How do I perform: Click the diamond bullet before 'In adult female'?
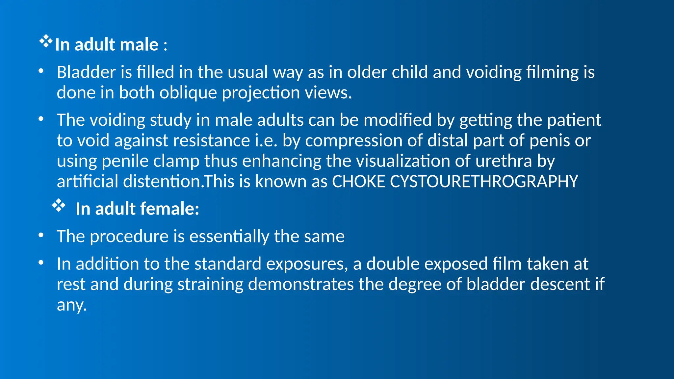coord(59,206)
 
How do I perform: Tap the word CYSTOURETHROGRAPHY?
coord(484,182)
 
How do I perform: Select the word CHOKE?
coord(358,182)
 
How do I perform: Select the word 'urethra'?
coord(504,161)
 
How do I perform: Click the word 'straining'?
coord(210,284)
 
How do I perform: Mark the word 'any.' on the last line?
coord(72,305)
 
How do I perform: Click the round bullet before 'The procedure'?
coord(41,235)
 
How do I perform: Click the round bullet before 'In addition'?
coord(41,263)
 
